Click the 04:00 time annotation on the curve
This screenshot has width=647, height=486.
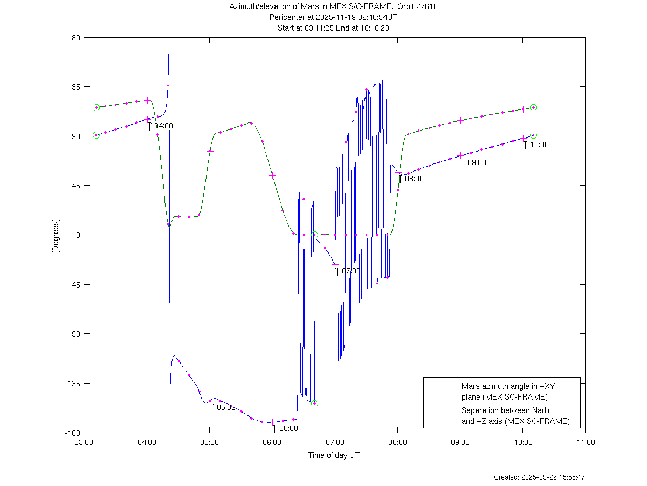[x=163, y=126]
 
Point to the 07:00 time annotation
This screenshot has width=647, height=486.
[x=351, y=271]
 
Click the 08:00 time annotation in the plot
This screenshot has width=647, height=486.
[x=414, y=179]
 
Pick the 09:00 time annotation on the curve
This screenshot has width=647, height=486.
[x=477, y=162]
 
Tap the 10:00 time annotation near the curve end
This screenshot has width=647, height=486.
[x=539, y=145]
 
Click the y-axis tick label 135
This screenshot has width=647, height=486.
[x=74, y=87]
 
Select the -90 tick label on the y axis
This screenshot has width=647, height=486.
[x=74, y=334]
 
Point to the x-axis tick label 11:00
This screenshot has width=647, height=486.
[x=586, y=442]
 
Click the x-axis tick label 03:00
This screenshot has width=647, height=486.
[x=84, y=442]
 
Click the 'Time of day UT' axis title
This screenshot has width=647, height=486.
[x=334, y=455]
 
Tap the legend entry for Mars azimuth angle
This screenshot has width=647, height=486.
[x=504, y=392]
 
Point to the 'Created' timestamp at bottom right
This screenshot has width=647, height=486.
[x=540, y=477]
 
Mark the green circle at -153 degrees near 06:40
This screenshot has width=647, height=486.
[x=314, y=403]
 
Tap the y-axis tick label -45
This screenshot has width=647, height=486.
[x=74, y=285]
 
